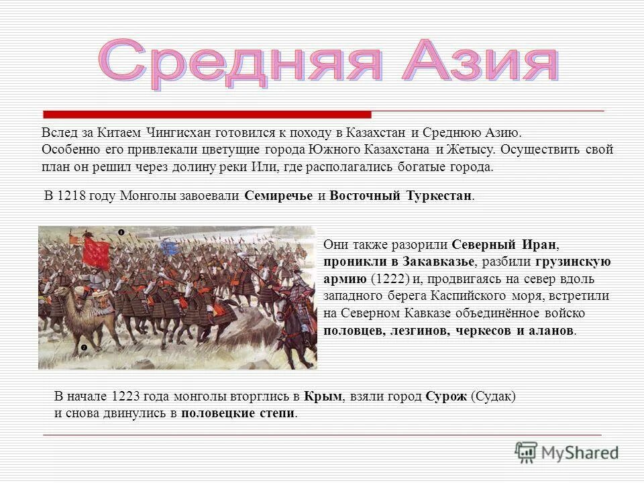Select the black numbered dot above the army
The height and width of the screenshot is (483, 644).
pyautogui.click(x=121, y=233)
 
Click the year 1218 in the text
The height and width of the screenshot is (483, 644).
pyautogui.click(x=72, y=197)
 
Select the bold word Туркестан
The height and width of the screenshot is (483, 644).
pyautogui.click(x=439, y=197)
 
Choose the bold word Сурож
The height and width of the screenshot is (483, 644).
pyautogui.click(x=445, y=396)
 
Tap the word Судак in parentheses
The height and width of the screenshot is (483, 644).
pyautogui.click(x=493, y=396)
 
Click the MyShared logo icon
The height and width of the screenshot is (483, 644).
pyautogui.click(x=527, y=451)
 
